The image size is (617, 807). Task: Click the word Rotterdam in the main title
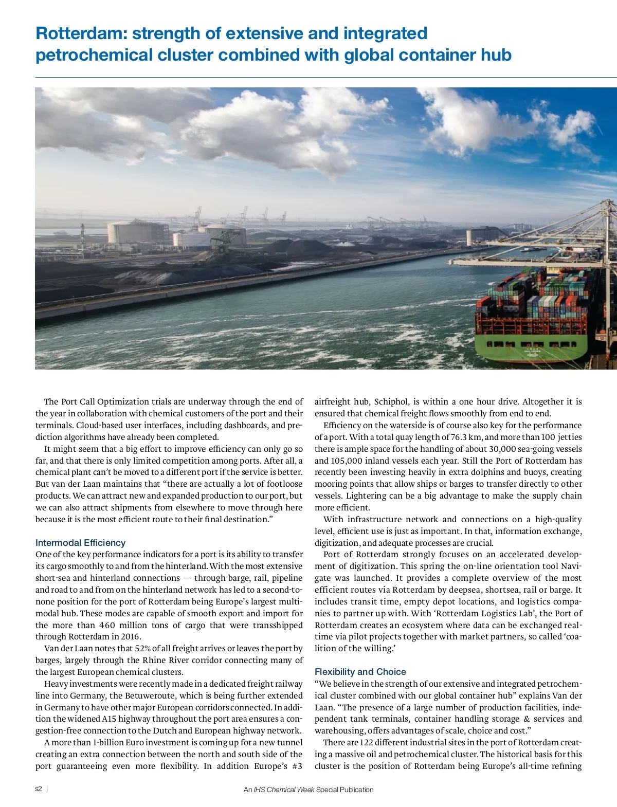pyautogui.click(x=81, y=33)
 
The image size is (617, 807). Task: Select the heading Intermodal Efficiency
pyautogui.click(x=80, y=542)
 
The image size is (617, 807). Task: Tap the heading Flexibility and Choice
pyautogui.click(x=360, y=671)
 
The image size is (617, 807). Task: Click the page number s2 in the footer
pyautogui.click(x=39, y=789)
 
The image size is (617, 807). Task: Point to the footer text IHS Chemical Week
pyautogui.click(x=284, y=790)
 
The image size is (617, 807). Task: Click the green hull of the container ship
pyautogui.click(x=530, y=350)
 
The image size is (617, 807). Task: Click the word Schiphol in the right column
pyautogui.click(x=391, y=401)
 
